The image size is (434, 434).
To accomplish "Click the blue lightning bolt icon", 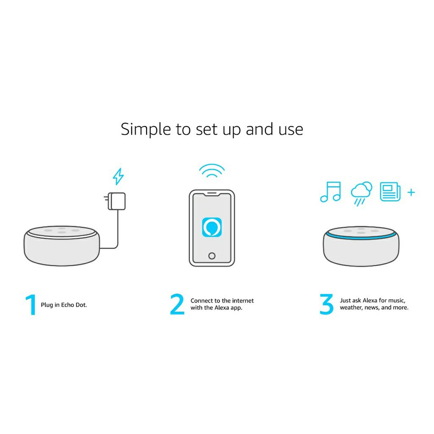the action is pos(118,176).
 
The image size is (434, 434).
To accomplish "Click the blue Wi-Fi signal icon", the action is pos(212,171).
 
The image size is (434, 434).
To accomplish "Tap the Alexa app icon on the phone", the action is pos(212,227).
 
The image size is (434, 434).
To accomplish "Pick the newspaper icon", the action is pos(390,192).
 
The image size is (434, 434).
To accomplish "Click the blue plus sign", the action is pos(411,192).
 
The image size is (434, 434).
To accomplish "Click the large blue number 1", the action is pos(31,304).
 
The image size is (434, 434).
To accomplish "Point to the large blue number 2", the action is pos(177,304).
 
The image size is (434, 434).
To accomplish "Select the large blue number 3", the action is pos(327,304).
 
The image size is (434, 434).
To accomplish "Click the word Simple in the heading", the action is pos(146,130).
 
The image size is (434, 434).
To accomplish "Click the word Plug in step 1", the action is pos(47,305).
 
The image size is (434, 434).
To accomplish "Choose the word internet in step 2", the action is pos(243,300).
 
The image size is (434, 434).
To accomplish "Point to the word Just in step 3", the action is pos(345,300).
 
